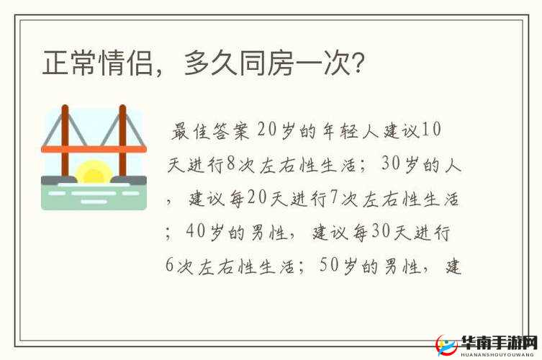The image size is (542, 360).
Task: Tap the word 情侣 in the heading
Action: (127, 64)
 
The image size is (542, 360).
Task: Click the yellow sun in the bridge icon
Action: (94, 174)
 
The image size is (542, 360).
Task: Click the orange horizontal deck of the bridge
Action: (94, 149)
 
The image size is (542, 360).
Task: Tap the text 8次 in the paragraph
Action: (240, 164)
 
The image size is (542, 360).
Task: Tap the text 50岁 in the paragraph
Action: (336, 266)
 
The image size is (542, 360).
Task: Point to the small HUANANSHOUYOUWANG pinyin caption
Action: (499, 354)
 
